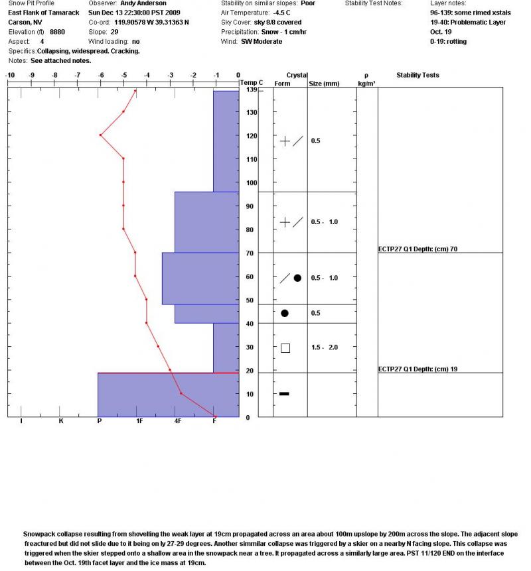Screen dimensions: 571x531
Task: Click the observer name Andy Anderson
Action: tap(143, 3)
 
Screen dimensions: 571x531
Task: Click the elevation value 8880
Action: tap(57, 32)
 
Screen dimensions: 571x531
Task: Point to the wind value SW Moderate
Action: tap(262, 41)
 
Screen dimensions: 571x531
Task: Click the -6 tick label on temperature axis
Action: tap(100, 76)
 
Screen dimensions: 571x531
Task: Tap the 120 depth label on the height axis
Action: tap(251, 136)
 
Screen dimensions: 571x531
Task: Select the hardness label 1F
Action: tap(139, 421)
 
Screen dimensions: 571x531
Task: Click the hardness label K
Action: tap(61, 421)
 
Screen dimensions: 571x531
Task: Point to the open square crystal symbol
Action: tap(285, 348)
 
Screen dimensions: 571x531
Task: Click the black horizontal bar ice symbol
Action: tap(284, 394)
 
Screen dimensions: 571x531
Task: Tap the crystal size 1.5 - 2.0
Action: tap(325, 348)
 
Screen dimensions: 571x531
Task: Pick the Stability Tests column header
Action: tap(417, 76)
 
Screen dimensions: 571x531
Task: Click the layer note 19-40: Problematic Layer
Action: tap(467, 23)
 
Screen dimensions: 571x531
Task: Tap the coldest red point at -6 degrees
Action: tap(100, 135)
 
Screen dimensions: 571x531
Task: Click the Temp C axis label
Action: tap(252, 82)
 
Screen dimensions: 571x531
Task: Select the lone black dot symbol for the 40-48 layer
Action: tap(285, 313)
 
